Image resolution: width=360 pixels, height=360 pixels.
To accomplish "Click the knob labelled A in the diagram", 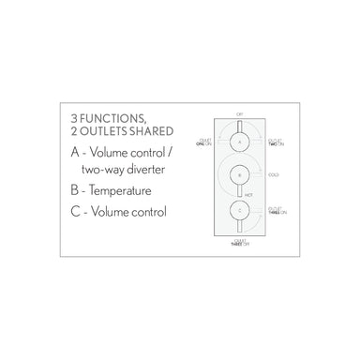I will point(240,140).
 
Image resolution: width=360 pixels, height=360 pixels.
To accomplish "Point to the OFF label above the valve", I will point(240,110).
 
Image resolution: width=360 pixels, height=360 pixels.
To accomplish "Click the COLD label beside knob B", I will point(272,173).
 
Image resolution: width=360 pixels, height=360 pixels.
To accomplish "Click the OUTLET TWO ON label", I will point(275,140).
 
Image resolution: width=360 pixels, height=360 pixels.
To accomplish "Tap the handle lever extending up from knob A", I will point(240,123).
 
